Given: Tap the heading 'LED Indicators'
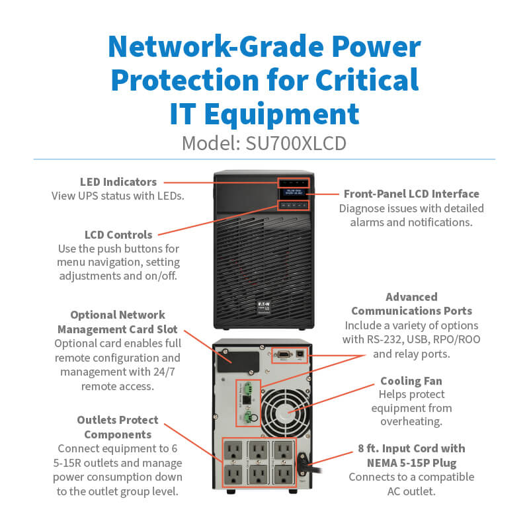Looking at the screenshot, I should click(118, 182).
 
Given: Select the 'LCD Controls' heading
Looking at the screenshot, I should click(118, 235).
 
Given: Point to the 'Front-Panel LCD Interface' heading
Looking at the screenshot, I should click(411, 194).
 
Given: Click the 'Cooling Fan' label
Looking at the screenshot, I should click(411, 381).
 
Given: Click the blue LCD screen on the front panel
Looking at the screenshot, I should click(293, 192).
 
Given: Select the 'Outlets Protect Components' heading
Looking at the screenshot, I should click(118, 427).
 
